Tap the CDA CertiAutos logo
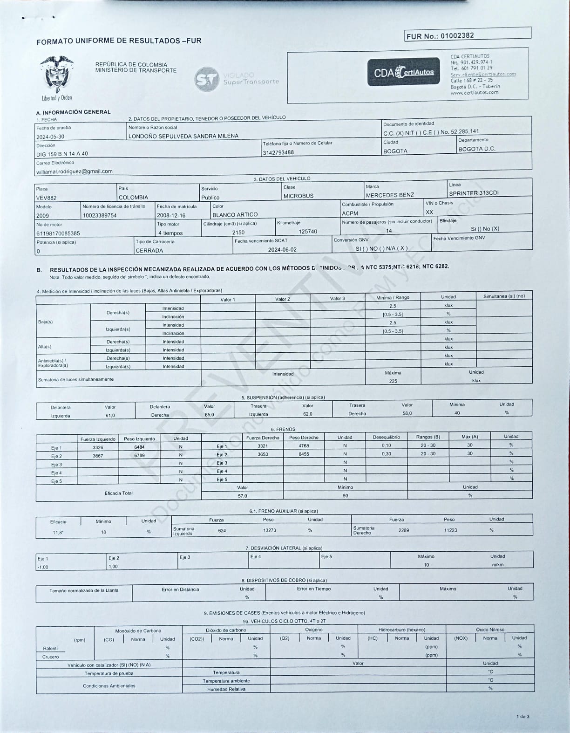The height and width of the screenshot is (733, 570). tap(403, 72)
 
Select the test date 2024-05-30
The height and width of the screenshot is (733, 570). tap(50, 137)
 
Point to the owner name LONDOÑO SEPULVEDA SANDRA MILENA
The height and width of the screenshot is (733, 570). tap(183, 136)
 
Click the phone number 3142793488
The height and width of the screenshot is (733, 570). tap(278, 152)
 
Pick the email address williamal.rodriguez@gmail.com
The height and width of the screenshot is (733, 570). tap(75, 171)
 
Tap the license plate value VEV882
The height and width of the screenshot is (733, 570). tap(46, 198)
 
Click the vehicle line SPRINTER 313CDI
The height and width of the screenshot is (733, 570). tap(474, 193)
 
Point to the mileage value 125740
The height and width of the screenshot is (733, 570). tap(308, 232)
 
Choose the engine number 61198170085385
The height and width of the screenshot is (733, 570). tap(58, 233)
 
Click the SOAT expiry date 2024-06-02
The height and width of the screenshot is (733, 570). tap(282, 250)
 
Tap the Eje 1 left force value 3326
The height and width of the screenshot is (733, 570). tap(98, 447)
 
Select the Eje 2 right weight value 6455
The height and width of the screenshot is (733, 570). tap(304, 454)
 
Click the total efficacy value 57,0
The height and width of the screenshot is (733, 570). tap(243, 496)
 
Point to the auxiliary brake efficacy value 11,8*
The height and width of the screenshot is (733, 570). tap(58, 533)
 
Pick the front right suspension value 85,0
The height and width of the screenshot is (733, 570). tap(210, 415)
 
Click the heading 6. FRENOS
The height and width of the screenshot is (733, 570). tap(283, 429)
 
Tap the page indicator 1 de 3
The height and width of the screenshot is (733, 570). tap(522, 717)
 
